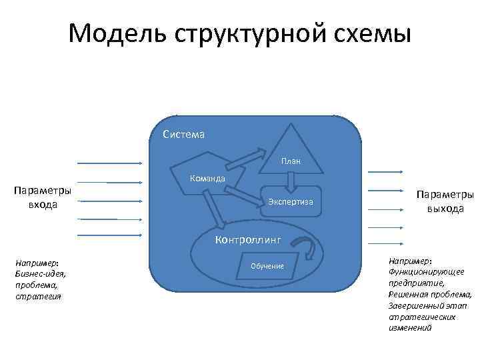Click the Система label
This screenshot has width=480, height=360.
point(183,134)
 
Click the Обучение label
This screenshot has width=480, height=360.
point(267,266)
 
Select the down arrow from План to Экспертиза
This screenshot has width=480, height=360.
point(291,180)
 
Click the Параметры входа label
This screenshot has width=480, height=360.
point(43,197)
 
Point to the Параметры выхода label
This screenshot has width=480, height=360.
point(445,201)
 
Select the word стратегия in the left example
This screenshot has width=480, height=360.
point(38,295)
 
